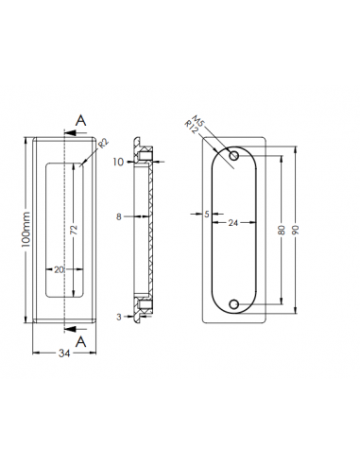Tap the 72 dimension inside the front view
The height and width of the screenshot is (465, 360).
click(73, 228)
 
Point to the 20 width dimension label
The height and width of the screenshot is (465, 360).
click(59, 270)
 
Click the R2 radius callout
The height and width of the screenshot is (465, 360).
click(103, 144)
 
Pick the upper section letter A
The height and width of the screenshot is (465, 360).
click(81, 119)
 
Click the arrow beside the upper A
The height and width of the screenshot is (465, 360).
click(72, 134)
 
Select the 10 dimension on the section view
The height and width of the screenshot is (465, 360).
click(119, 163)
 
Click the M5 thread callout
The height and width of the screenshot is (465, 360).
click(197, 121)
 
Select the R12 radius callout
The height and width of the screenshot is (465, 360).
click(193, 133)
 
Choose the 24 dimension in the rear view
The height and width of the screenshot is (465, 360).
click(231, 223)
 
